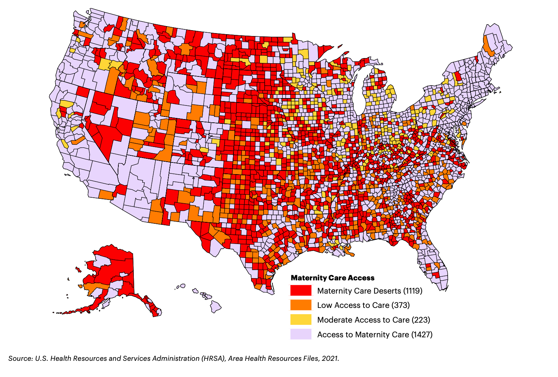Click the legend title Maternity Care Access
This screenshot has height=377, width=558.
(332, 278)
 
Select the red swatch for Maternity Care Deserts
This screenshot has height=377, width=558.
(301, 291)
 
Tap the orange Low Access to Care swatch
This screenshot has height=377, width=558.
(301, 305)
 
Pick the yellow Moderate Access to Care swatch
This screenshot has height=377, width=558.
(301, 320)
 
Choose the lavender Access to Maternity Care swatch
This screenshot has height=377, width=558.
(301, 334)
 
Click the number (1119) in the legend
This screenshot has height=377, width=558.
(413, 291)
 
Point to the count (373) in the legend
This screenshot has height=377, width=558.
(401, 305)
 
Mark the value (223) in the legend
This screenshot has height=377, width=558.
(421, 320)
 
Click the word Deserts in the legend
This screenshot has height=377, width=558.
(387, 291)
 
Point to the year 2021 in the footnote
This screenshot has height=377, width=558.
(330, 358)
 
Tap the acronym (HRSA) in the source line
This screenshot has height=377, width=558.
(213, 358)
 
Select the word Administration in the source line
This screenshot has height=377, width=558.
(176, 358)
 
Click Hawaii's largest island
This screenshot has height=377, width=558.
(216, 306)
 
